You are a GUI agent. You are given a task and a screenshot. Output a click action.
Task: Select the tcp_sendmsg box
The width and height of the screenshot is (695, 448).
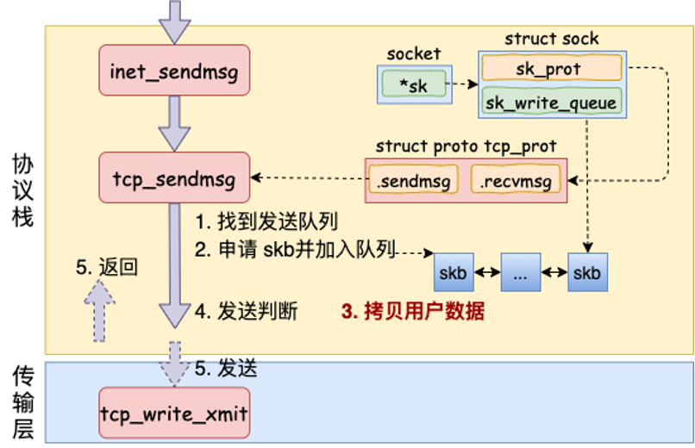tap(175, 177)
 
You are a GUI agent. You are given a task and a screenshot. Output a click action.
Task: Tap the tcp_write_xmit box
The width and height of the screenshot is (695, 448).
tap(174, 414)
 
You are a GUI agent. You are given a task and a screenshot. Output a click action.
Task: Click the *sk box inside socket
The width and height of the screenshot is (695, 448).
tap(417, 85)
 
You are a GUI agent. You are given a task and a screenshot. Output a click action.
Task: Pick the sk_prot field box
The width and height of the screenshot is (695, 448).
tap(552, 68)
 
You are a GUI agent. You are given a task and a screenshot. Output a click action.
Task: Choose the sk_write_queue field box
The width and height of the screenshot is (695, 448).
tap(552, 103)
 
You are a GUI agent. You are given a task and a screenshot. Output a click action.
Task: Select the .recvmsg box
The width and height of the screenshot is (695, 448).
tap(517, 181)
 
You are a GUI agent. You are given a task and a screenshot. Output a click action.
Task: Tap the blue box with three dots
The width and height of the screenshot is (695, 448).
tap(520, 273)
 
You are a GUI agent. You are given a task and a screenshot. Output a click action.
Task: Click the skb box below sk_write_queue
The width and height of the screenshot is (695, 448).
tap(587, 273)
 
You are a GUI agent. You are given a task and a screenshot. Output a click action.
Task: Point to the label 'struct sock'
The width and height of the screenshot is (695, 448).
tap(552, 39)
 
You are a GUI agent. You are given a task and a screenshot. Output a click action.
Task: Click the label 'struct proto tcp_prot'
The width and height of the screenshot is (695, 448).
tap(466, 146)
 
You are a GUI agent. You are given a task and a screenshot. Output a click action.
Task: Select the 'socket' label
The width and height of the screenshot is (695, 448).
tap(414, 53)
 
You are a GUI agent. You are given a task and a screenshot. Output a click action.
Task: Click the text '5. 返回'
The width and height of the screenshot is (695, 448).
tap(107, 267)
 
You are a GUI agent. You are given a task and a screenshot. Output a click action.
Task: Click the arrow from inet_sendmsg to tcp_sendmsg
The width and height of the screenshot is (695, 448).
tap(175, 122)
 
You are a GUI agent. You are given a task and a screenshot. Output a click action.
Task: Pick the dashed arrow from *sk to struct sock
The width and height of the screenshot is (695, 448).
tap(464, 85)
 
